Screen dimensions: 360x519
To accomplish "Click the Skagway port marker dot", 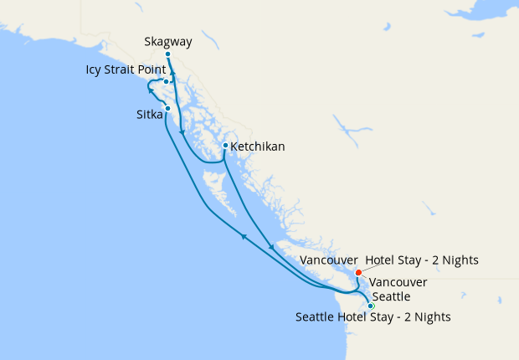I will (x=168, y=54).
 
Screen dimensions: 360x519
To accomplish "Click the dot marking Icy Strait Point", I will (x=167, y=81).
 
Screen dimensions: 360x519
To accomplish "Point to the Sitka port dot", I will (x=168, y=108).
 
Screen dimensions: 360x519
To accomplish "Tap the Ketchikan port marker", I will (x=225, y=146).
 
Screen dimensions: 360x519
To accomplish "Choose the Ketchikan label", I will (x=258, y=147).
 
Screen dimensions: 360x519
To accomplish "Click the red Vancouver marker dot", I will (x=358, y=272).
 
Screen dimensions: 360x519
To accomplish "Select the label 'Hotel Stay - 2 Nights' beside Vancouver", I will (x=422, y=260).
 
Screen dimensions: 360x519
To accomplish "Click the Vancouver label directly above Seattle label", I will (x=398, y=282).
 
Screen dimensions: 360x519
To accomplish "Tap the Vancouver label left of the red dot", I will (x=329, y=260).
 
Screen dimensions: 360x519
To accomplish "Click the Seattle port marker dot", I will (x=371, y=306).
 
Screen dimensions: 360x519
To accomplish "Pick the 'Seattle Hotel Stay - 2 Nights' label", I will (x=373, y=317).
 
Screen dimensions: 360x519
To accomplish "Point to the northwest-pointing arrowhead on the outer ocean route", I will (x=243, y=237).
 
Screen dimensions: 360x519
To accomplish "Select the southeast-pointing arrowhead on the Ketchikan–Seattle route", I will (x=270, y=247).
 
